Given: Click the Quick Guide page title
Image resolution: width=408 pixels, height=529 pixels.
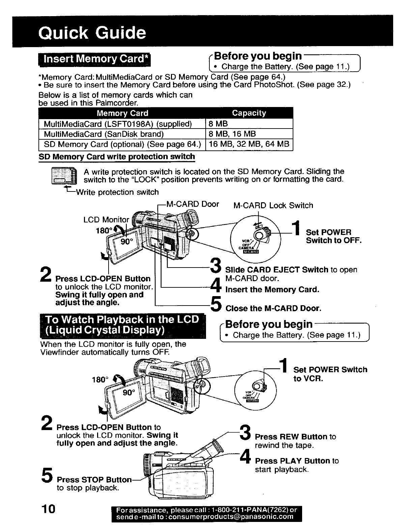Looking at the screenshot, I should click(x=92, y=33).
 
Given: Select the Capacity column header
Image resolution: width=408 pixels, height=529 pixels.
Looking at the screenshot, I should click(x=249, y=113).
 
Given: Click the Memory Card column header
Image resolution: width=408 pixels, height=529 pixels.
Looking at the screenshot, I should click(x=122, y=113).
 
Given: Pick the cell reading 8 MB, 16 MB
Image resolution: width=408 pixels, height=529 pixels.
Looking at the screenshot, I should click(x=232, y=134).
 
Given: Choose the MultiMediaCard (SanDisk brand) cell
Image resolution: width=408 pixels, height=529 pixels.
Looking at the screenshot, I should click(x=104, y=134).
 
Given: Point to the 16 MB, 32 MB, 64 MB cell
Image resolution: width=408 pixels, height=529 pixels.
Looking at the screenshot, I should click(x=249, y=145).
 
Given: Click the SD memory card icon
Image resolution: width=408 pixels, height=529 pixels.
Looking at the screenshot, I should click(x=64, y=176).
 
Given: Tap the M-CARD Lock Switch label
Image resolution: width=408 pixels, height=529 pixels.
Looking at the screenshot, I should click(x=273, y=205).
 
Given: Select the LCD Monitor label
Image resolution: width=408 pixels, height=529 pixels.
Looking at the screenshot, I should click(x=106, y=220).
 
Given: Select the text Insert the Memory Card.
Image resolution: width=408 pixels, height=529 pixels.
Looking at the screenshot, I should click(x=272, y=289).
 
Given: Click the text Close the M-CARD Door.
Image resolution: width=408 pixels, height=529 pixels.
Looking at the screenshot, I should click(x=273, y=308).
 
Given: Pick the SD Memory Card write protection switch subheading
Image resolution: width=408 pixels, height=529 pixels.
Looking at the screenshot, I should click(x=117, y=157).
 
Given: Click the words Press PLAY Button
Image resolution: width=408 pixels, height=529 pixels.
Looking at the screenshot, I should click(x=292, y=461).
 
